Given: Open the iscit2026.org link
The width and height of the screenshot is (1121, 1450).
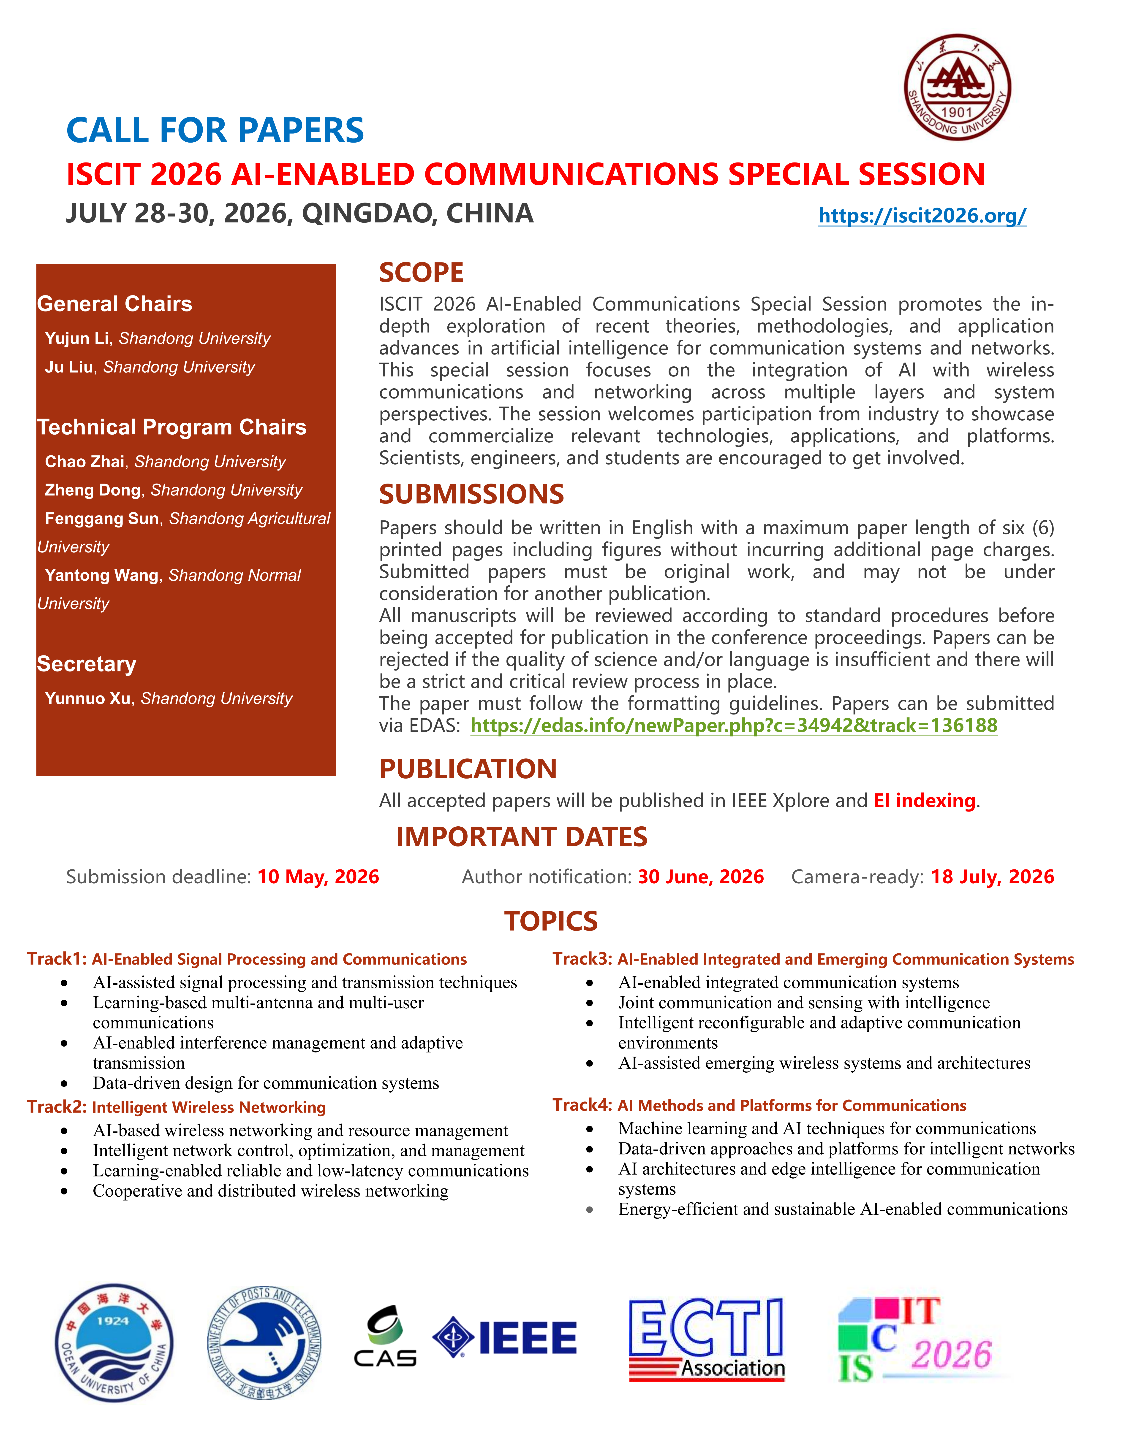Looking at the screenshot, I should point(922,215).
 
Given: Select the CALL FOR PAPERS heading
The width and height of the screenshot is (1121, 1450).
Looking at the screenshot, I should point(215,130).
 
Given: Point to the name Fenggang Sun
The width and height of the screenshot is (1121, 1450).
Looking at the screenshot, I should point(102,519).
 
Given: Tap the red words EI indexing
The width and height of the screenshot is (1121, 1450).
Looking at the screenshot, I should point(924,801).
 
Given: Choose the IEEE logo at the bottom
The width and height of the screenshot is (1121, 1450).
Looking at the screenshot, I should point(505,1337).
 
